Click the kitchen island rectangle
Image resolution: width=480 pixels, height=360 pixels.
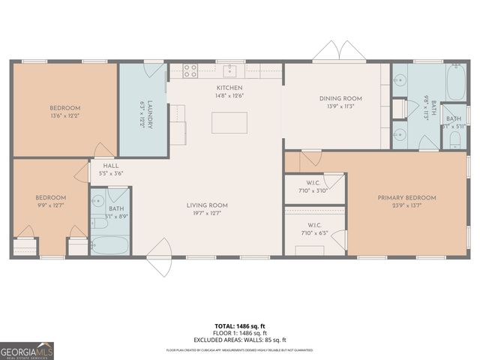coord(229,122)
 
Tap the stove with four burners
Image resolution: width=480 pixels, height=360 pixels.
coord(190,71)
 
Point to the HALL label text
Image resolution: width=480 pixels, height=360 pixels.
coord(110,166)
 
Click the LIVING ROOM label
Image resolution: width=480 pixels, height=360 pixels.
coord(207,205)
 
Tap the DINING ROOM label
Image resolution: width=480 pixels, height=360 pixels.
coord(340,98)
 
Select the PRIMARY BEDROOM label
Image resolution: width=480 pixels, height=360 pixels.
coord(406,198)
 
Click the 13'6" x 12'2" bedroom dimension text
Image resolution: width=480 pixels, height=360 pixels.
coord(64,115)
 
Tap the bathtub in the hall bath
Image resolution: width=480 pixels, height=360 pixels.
coord(110,245)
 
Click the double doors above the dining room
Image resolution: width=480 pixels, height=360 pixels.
coord(339,52)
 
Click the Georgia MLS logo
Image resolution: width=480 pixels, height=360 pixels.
coord(27,350)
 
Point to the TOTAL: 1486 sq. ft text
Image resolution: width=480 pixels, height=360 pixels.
coord(240,326)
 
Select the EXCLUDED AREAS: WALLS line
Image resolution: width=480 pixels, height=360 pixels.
coord(240,339)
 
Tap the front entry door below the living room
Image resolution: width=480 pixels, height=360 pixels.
coord(159,259)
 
